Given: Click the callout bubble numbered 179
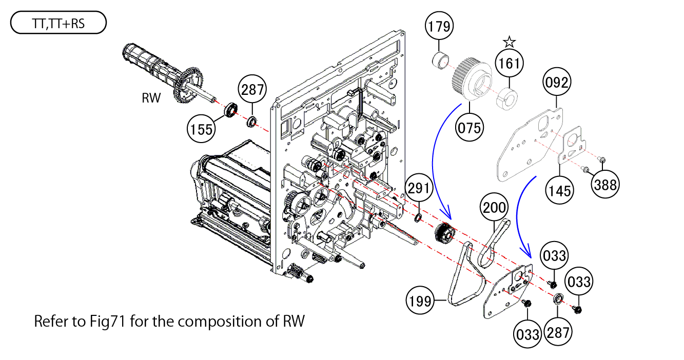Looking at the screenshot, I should tap(440, 27).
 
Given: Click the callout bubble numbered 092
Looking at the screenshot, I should tap(556, 83).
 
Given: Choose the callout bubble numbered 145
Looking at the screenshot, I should tap(559, 190).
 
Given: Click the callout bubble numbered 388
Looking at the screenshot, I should tap(605, 184).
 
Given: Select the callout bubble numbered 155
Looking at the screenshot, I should tap(201, 129).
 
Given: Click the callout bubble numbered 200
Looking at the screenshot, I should tap(495, 208).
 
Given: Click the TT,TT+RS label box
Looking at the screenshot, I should tap(58, 24).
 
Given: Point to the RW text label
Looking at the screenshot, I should tap(151, 98).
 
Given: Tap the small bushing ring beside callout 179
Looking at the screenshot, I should tap(440, 61).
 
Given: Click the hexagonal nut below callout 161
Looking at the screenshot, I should tap(506, 96).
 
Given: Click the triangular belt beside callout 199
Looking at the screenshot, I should tap(466, 277).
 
